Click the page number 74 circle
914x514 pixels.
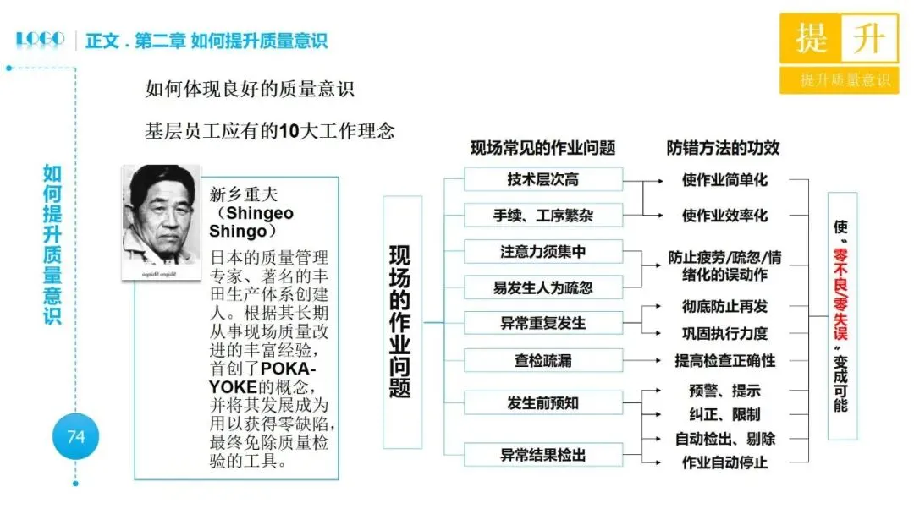pos(76,437)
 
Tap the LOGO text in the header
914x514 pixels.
pos(40,39)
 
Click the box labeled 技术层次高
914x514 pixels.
pos(542,180)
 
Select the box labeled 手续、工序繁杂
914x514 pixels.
pos(542,216)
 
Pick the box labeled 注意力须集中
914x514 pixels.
pos(542,252)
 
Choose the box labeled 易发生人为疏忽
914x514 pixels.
pos(542,287)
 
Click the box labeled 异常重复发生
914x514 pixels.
pos(542,323)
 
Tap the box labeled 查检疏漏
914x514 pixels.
pos(542,360)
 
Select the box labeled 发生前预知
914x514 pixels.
pos(542,402)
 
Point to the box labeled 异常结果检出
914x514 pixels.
pos(542,455)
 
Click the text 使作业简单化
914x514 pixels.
pos(724,180)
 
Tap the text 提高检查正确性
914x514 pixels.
pos(724,360)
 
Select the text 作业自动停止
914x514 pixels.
pos(724,462)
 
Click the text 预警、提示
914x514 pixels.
pos(724,391)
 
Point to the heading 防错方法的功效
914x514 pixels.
pos(723,148)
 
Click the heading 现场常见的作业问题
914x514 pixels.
pos(542,148)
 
